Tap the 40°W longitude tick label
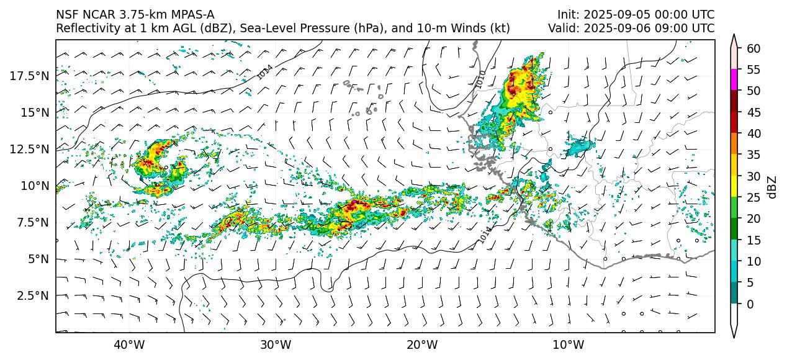129,345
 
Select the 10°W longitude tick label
568,345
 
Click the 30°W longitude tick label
276,345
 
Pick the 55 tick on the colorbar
753,70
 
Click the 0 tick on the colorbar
750,304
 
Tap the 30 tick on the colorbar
753,176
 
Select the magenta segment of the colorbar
734,80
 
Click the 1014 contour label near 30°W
265,73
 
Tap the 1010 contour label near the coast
480,79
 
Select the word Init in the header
567,15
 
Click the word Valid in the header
562,28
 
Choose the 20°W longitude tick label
422,345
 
